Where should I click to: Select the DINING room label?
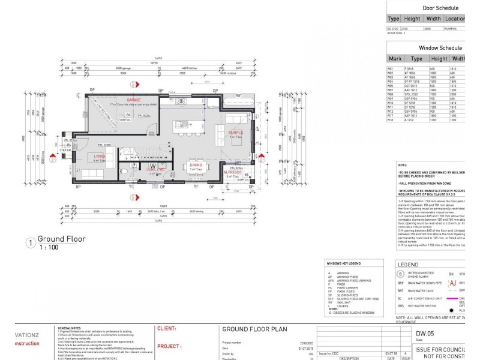[x=196, y=164]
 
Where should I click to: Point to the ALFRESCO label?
[x=233, y=172]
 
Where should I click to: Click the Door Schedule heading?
[x=440, y=8]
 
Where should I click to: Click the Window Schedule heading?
[x=440, y=48]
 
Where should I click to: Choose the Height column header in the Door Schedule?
[x=412, y=19]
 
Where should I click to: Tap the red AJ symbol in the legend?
[x=453, y=283]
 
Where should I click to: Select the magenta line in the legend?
[x=466, y=298]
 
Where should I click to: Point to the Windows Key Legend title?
[x=343, y=263]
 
